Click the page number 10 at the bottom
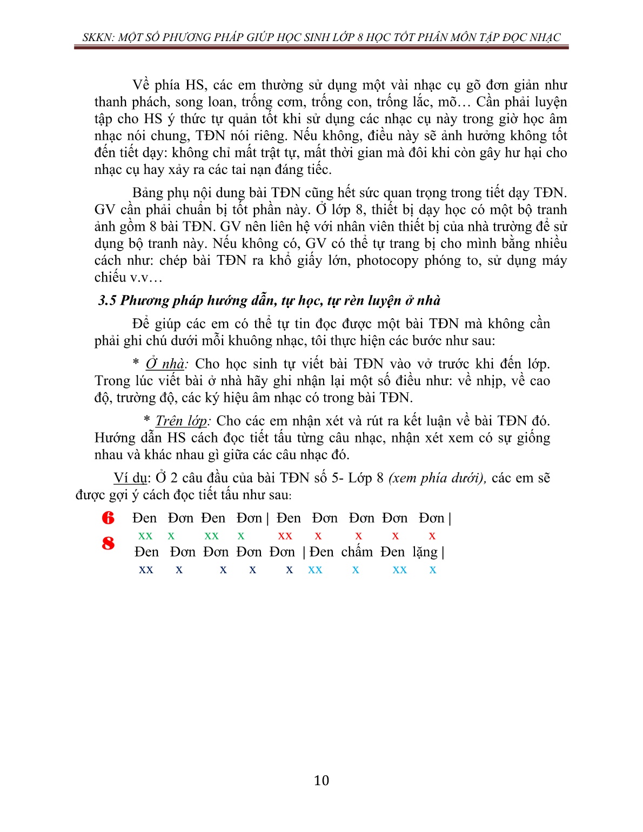pos(321,781)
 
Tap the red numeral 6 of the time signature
pos(108,518)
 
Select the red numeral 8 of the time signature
pos(108,543)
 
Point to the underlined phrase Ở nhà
pos(165,364)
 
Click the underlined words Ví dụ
pos(130,478)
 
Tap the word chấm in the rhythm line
pos(357,552)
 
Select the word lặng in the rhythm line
pos(425,552)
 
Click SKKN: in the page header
pos(98,37)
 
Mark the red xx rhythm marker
pos(285,536)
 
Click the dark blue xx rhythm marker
pos(146,569)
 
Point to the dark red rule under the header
pos(321,48)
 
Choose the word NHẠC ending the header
pos(544,37)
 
